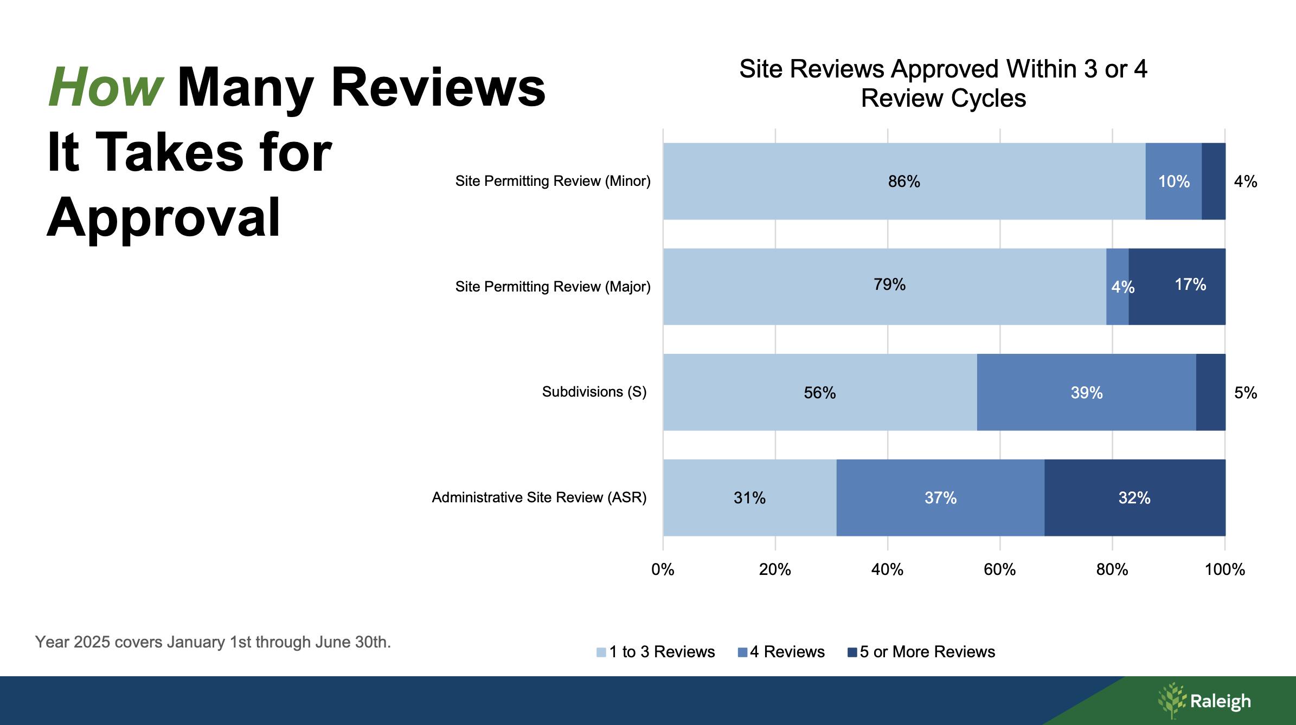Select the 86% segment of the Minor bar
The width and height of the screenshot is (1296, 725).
click(x=904, y=182)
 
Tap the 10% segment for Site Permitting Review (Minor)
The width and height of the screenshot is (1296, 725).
click(x=1173, y=182)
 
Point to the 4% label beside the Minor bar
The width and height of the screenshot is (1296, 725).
click(x=1245, y=182)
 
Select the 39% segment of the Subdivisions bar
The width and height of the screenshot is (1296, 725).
click(x=1086, y=392)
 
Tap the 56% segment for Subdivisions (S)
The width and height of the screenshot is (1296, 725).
click(x=819, y=392)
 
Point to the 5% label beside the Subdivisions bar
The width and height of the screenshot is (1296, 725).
click(x=1245, y=392)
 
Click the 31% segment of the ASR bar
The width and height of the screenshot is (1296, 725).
click(x=749, y=497)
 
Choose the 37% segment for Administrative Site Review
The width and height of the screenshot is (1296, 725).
click(x=940, y=497)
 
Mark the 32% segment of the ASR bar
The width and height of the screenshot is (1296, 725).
click(x=1134, y=497)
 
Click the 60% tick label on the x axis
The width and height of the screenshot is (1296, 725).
click(x=999, y=569)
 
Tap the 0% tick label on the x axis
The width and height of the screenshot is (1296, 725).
click(x=663, y=569)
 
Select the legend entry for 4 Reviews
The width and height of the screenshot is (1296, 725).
click(x=787, y=652)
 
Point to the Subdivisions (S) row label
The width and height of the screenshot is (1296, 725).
click(x=594, y=392)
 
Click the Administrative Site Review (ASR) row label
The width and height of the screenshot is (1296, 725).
click(x=539, y=497)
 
